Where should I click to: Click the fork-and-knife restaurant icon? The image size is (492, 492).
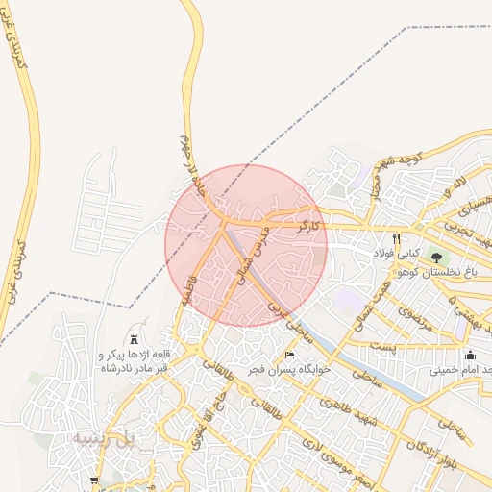395,238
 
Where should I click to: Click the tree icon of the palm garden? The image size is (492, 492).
437,258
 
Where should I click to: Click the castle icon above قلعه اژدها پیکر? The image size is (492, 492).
134,340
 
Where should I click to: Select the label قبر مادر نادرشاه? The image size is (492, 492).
134,367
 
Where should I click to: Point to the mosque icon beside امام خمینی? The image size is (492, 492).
469,356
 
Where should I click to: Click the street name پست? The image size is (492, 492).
382,344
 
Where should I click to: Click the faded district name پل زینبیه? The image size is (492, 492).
100,438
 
